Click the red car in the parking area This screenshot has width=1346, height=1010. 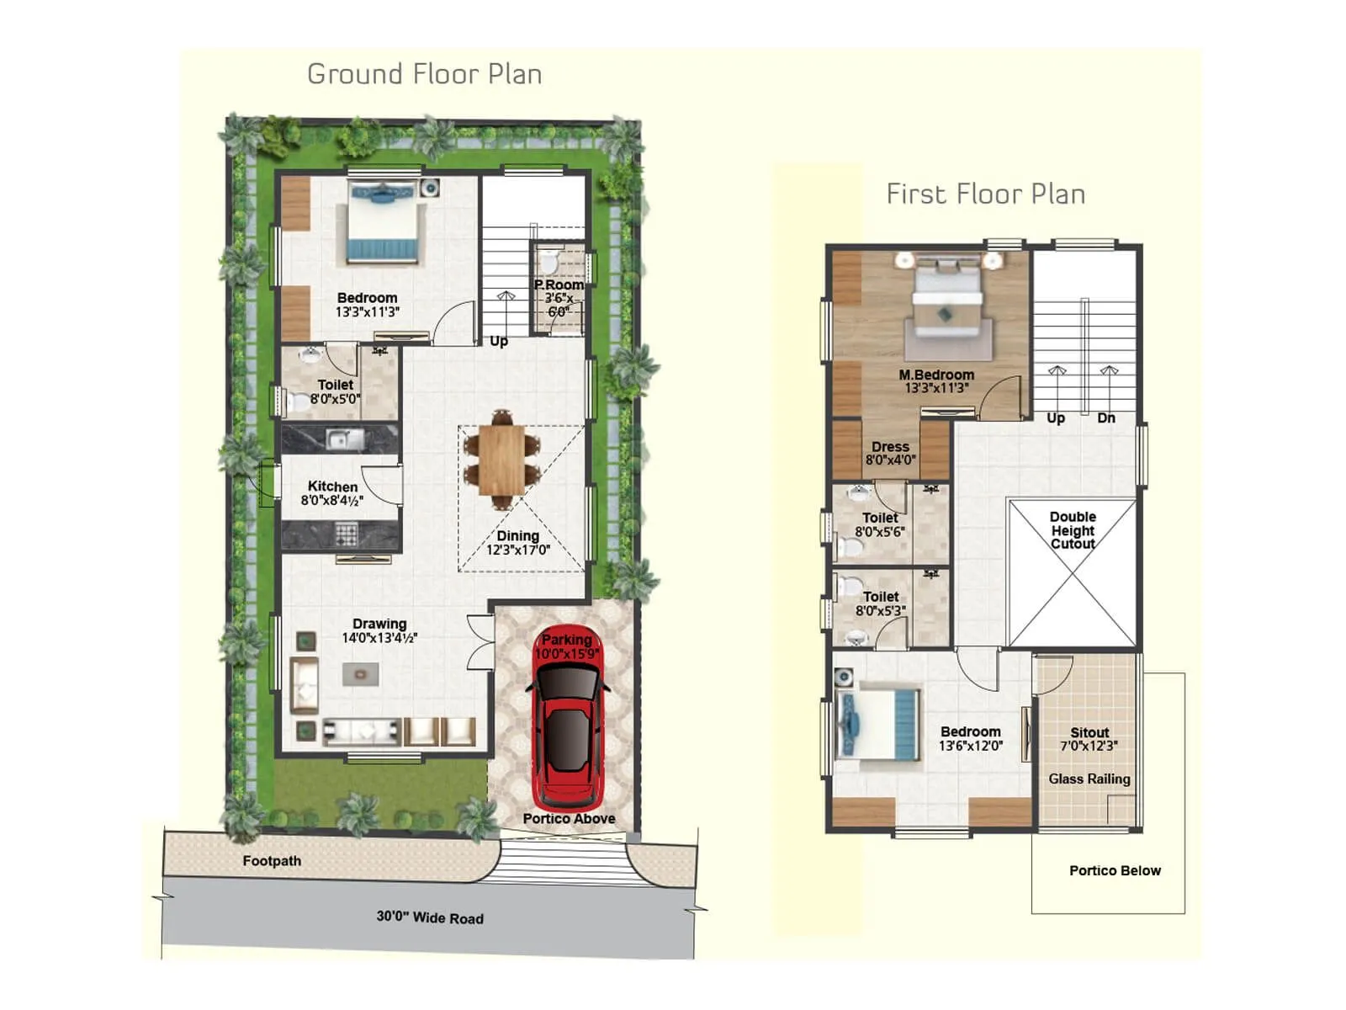569,724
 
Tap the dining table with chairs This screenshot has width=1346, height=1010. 501,460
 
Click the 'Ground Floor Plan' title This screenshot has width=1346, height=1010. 424,74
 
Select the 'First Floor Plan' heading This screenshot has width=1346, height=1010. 985,194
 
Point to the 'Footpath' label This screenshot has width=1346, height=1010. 271,861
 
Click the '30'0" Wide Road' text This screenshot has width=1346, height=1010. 430,917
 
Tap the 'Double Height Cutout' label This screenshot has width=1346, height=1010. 1073,530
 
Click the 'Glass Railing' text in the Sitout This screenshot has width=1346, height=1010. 1089,779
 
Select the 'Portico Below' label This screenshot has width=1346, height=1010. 1115,870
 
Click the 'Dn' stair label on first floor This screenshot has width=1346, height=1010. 1105,418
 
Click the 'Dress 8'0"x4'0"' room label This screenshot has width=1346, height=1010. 890,454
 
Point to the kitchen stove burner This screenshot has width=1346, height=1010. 346,534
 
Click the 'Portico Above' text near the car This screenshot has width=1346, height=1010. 569,818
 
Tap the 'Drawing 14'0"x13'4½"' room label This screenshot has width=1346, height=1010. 379,630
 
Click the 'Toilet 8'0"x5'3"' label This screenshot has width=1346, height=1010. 880,603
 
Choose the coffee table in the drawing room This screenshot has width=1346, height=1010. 360,673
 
